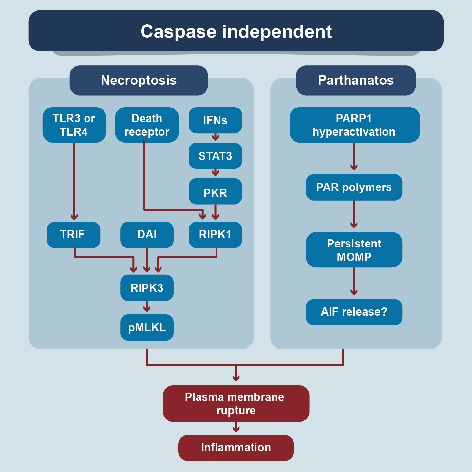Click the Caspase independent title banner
coord(236,31)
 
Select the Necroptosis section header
coord(139,80)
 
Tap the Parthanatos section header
coord(356,80)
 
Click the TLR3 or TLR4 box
coord(74,125)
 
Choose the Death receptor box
coord(147,125)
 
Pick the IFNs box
coord(215,120)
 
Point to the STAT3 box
coord(215,156)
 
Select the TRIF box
coord(73,235)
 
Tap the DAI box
coord(147,235)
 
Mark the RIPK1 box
coord(215,235)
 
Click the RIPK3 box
coord(147,288)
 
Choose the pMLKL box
coord(147,327)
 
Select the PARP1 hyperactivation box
coord(354,125)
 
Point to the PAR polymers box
coord(354,187)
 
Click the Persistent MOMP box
coord(354,250)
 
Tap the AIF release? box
coord(354,312)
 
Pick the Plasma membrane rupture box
coord(236,403)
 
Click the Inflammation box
coord(236,448)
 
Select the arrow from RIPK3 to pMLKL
coord(147,307)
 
